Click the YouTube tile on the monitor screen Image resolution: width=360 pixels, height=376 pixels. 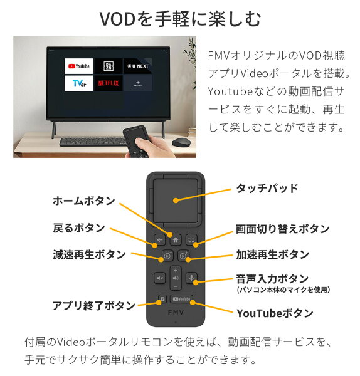pyautogui.click(x=79, y=66)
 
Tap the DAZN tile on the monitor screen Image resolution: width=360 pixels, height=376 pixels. pyautogui.click(x=109, y=66)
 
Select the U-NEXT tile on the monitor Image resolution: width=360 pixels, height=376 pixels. pyautogui.click(x=138, y=66)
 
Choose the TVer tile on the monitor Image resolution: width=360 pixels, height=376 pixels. pyautogui.click(x=79, y=83)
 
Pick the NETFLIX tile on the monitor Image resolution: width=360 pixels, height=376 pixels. pyautogui.click(x=109, y=83)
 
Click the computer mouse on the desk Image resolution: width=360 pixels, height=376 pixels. pyautogui.click(x=181, y=142)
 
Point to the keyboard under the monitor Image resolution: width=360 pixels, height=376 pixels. pyautogui.click(x=93, y=142)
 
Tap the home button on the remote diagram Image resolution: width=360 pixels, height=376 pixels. pyautogui.click(x=176, y=239)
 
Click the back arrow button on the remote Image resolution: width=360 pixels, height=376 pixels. pyautogui.click(x=159, y=239)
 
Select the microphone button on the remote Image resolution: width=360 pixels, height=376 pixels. pyautogui.click(x=191, y=278)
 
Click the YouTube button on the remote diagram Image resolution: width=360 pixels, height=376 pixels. pyautogui.click(x=181, y=299)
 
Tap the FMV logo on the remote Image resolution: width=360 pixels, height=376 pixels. pyautogui.click(x=176, y=313)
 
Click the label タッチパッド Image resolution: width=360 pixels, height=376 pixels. pyautogui.click(x=267, y=188)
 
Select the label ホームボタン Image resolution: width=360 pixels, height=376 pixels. pyautogui.click(x=84, y=201)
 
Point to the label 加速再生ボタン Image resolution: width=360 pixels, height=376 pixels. pyautogui.click(x=272, y=254)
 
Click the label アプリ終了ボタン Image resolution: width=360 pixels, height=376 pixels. pyautogui.click(x=94, y=306)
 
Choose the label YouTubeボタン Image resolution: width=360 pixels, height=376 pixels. pyautogui.click(x=275, y=313)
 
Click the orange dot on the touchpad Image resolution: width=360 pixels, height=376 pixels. pyautogui.click(x=176, y=201)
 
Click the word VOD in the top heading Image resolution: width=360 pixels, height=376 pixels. pyautogui.click(x=118, y=19)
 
